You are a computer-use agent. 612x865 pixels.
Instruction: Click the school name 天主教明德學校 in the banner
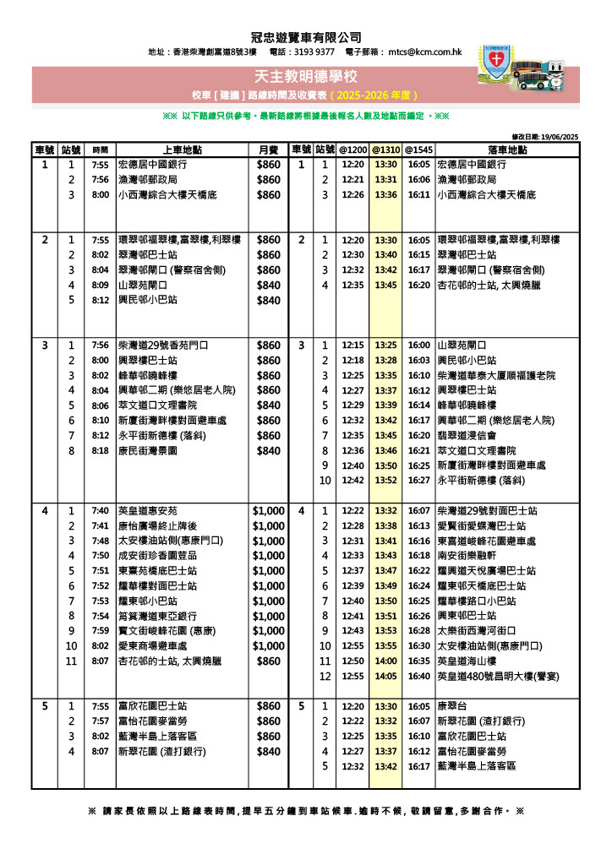point(306,78)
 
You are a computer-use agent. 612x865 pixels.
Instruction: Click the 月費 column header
point(268,150)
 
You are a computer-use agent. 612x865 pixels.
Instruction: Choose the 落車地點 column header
point(507,150)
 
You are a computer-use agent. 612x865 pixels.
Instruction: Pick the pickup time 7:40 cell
point(100,511)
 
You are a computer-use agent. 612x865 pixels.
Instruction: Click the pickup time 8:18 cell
point(100,451)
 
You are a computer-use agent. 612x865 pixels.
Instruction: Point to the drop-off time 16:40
point(418,677)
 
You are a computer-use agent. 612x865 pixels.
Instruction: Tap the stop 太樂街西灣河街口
point(476,631)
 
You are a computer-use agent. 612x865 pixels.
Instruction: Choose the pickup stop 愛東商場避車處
point(157,646)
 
